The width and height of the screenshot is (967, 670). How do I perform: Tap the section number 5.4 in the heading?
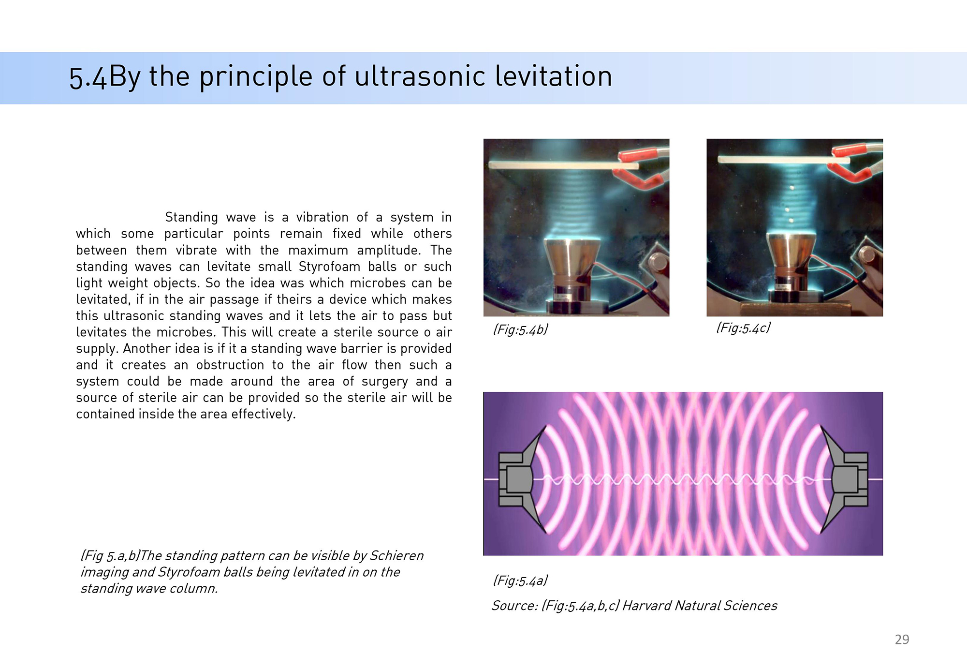(x=88, y=78)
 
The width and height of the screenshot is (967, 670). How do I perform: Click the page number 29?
(x=902, y=640)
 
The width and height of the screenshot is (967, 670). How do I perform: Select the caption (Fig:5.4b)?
(x=520, y=329)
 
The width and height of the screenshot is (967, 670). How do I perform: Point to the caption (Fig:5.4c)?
(x=743, y=328)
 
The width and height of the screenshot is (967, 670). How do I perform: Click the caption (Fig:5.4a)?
(x=520, y=581)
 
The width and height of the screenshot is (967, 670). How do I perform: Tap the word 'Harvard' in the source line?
(x=646, y=606)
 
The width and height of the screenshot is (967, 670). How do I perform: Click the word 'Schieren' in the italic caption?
(x=396, y=555)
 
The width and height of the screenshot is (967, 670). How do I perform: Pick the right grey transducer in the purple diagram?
(x=844, y=479)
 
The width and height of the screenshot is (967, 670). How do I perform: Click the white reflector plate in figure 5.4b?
(x=563, y=165)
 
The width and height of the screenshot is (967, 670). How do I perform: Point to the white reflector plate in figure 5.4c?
(x=783, y=159)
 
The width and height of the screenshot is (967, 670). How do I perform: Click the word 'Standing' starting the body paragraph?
(x=191, y=217)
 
